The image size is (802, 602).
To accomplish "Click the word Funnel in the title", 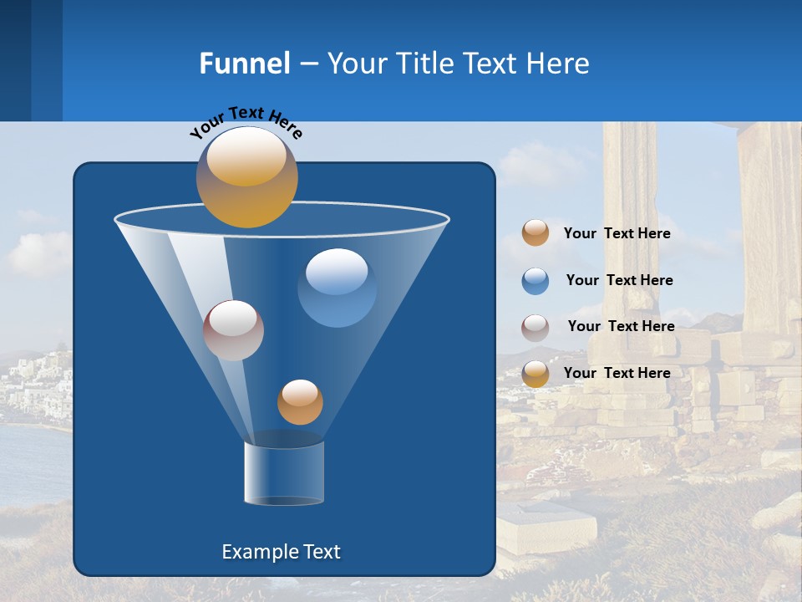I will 244,64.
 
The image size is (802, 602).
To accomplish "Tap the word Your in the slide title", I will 356,64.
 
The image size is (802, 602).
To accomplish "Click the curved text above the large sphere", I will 246,122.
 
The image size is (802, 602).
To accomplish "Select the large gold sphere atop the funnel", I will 247,177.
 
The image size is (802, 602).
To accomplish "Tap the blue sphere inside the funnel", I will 337,288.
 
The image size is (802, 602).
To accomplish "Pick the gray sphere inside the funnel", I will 233,330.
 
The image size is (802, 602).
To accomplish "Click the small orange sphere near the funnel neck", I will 300,402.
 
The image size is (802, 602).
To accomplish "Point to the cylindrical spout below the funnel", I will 284,473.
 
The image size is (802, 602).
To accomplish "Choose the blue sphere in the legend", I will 536,281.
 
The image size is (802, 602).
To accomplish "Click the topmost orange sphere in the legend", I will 536,233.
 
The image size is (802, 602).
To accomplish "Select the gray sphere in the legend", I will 536,328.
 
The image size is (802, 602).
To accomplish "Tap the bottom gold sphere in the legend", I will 536,374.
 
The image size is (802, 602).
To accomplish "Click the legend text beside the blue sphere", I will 619,280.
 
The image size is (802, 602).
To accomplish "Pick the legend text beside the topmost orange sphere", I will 617,233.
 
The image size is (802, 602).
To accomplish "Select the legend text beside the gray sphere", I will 621,326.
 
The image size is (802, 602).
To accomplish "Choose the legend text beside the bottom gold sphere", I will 617,373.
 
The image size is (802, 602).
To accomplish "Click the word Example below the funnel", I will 260,552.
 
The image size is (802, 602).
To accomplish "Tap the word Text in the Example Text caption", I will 322,552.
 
